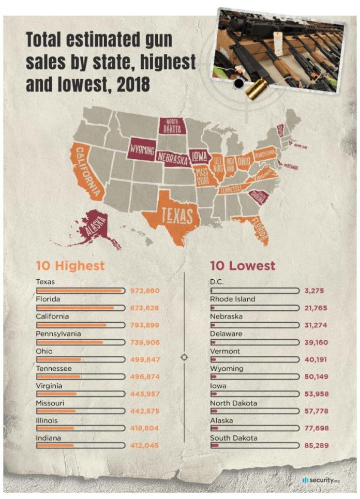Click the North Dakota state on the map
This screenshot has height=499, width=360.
(172, 126)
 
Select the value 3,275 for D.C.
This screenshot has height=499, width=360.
(314, 291)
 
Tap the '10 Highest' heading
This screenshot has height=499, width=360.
(70, 266)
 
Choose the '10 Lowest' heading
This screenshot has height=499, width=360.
(243, 266)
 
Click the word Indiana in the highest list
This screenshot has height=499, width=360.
(49, 438)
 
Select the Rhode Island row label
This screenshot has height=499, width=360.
(232, 299)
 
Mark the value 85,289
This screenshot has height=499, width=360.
(316, 445)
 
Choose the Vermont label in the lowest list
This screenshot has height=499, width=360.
(224, 351)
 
